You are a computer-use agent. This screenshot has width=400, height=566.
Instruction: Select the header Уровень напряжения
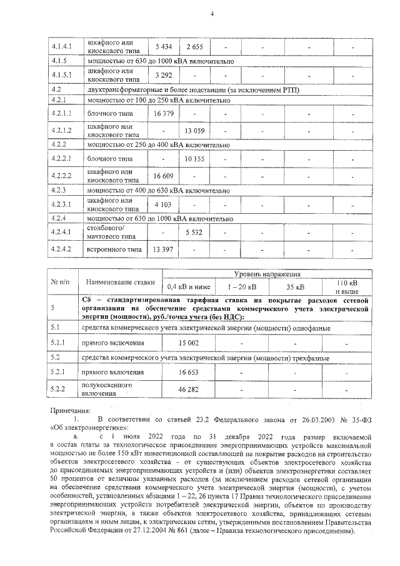click(x=267, y=274)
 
